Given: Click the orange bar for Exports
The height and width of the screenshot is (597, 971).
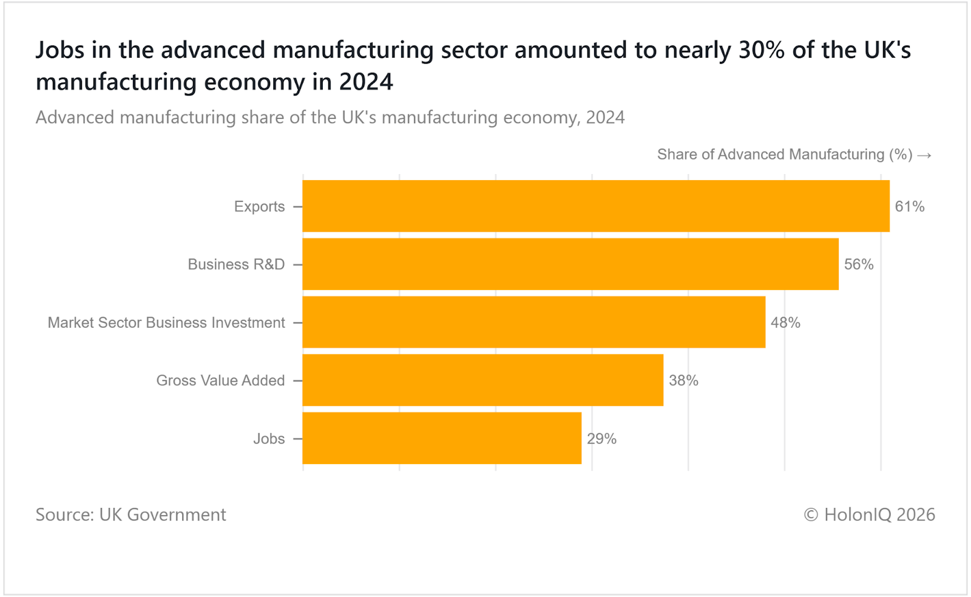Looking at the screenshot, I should (x=596, y=206).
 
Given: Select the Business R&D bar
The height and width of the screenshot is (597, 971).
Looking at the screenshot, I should (x=570, y=264).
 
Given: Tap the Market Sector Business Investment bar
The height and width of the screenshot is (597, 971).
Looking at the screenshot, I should (x=534, y=322).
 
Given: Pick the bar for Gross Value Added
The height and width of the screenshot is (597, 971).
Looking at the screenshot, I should (x=483, y=380).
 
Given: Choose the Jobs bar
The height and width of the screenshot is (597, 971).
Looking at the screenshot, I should (x=442, y=438).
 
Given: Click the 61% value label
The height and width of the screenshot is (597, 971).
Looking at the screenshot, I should (x=910, y=206).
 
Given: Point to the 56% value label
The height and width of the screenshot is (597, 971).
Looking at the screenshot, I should (x=859, y=264).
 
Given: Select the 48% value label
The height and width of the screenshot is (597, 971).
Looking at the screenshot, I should (x=785, y=322).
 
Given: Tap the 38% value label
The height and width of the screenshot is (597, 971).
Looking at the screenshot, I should (x=683, y=380).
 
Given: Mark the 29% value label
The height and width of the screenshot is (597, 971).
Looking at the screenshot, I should (x=601, y=438).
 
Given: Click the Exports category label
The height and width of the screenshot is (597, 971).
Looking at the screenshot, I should (x=259, y=206).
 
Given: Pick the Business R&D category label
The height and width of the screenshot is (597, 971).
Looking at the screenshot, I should (x=236, y=264).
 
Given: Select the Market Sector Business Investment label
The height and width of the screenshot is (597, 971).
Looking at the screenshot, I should (x=166, y=322).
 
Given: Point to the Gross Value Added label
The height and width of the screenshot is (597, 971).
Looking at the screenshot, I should (x=220, y=380).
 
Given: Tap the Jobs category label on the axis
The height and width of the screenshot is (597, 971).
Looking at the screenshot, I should (x=269, y=438).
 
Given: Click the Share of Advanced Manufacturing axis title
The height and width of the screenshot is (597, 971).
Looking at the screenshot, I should (x=785, y=154).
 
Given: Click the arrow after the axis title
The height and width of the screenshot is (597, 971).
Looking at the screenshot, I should (x=925, y=155).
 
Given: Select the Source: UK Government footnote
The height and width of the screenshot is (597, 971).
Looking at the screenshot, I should (x=130, y=514).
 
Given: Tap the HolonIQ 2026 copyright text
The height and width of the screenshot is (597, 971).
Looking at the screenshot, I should (x=870, y=514).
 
